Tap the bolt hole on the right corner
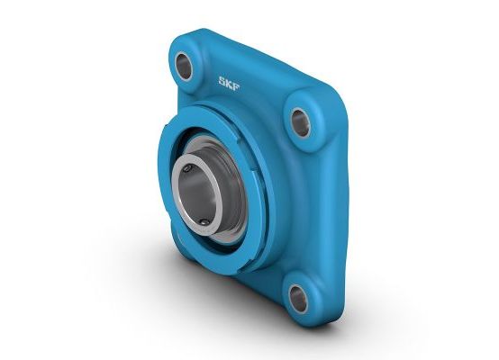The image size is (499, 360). (x=301, y=121)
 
